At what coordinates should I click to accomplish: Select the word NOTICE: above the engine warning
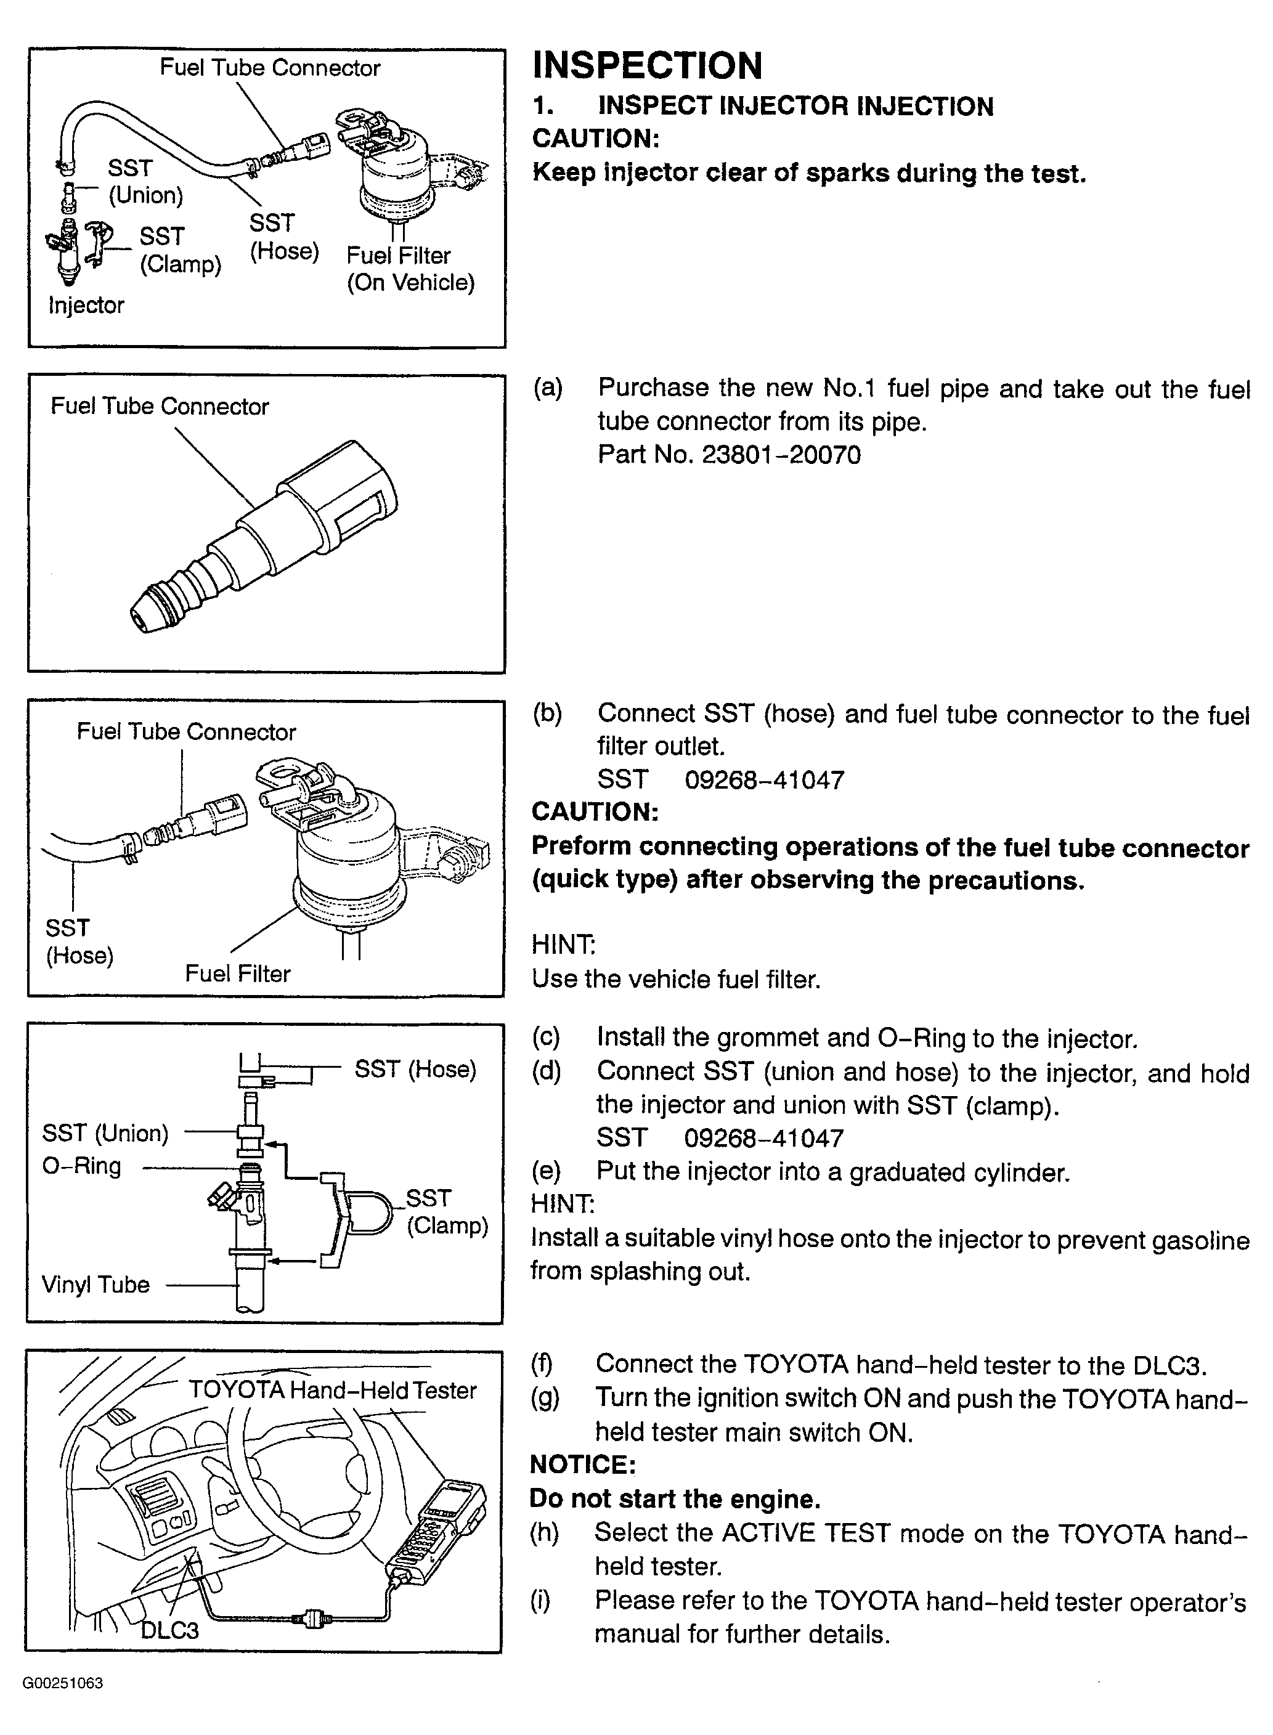pyautogui.click(x=582, y=1464)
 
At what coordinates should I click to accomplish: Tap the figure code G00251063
pyautogui.click(x=63, y=1683)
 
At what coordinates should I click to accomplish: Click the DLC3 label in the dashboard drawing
pyautogui.click(x=169, y=1630)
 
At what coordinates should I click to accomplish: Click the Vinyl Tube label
pyautogui.click(x=96, y=1284)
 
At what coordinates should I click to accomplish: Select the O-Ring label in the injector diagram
pyautogui.click(x=82, y=1166)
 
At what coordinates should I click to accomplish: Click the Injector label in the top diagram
pyautogui.click(x=86, y=305)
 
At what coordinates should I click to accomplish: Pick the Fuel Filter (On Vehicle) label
pyautogui.click(x=410, y=269)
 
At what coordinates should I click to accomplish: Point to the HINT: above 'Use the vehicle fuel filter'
pyautogui.click(x=563, y=945)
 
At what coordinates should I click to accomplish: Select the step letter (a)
pyautogui.click(x=547, y=388)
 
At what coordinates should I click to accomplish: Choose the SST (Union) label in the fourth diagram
pyautogui.click(x=105, y=1132)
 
